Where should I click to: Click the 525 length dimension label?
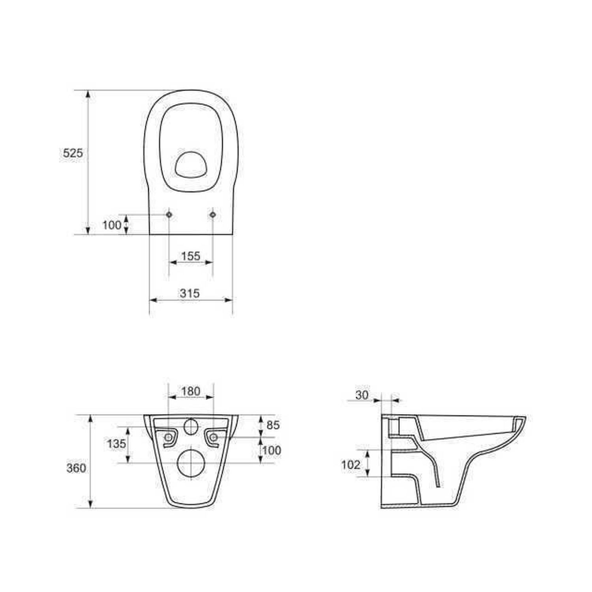pyautogui.click(x=73, y=153)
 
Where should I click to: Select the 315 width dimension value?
pyautogui.click(x=190, y=293)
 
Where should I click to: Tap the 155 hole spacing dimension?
pyautogui.click(x=191, y=256)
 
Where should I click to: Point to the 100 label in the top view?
pyautogui.click(x=112, y=225)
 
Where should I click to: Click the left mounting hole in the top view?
pyautogui.click(x=169, y=214)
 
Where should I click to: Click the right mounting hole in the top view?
pyautogui.click(x=213, y=214)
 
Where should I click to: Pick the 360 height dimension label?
pyautogui.click(x=76, y=468)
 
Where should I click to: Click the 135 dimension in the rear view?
pyautogui.click(x=116, y=444)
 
